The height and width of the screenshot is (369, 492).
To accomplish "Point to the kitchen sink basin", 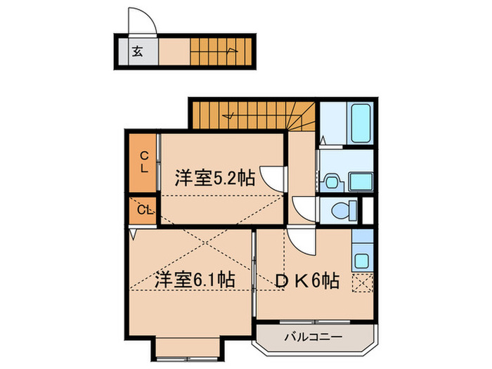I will [x=362, y=259].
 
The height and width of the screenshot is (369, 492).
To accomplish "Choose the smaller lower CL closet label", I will [x=144, y=209].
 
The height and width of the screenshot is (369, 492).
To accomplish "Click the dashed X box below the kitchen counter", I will [x=363, y=284].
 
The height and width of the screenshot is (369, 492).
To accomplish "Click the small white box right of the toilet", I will [x=367, y=209].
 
